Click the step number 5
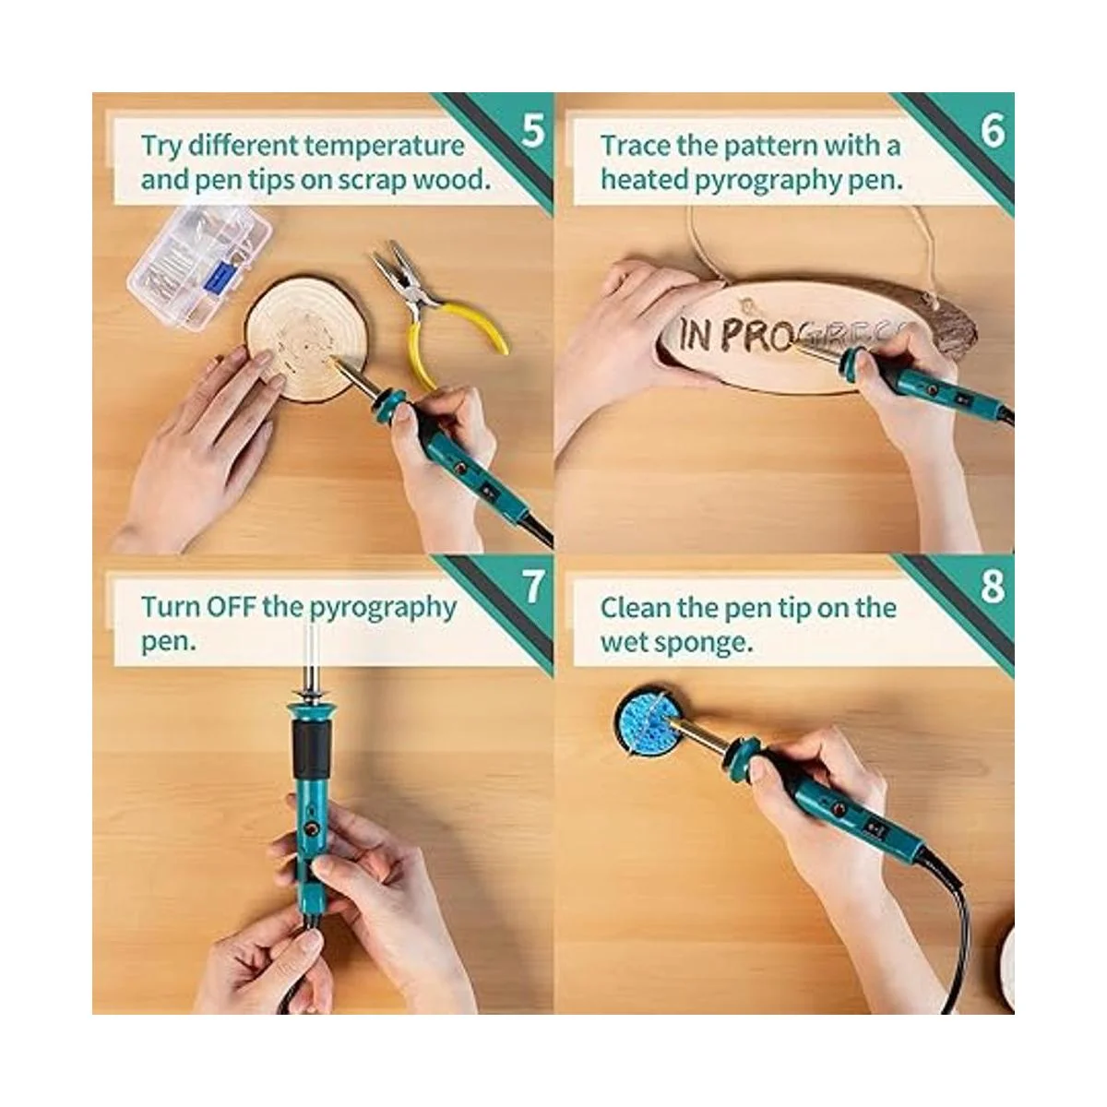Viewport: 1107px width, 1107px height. click(532, 131)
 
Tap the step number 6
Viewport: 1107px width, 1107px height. click(993, 131)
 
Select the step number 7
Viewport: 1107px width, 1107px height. click(532, 588)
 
